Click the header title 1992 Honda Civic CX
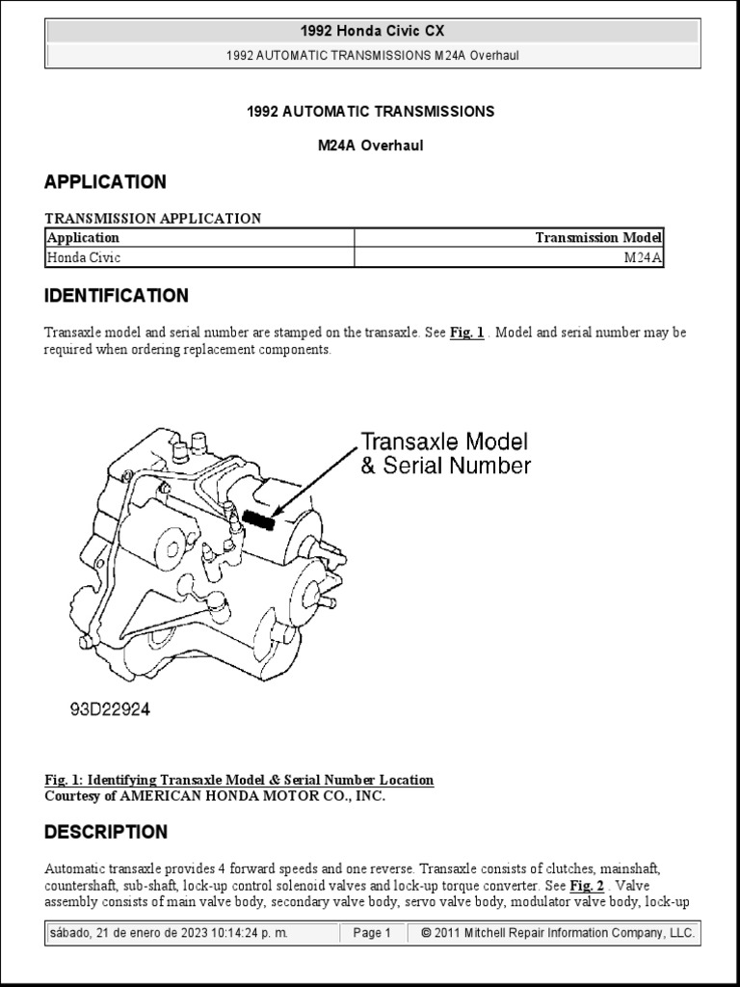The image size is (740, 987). tap(371, 32)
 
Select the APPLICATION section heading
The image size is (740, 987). tap(105, 181)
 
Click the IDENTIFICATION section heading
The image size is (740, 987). tap(117, 295)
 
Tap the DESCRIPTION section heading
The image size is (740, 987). tap(106, 831)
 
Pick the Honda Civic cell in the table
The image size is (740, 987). tap(85, 257)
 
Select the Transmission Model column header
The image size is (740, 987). tap(598, 237)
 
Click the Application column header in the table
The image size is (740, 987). tap(84, 237)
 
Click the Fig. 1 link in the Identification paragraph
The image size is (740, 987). tap(466, 333)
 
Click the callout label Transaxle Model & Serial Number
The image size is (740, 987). tap(445, 454)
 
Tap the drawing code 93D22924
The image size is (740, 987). tap(109, 709)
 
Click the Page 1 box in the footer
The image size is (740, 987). tap(372, 933)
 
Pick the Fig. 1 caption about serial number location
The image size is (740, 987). tap(239, 780)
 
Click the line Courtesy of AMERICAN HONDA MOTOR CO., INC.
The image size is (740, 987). tap(215, 795)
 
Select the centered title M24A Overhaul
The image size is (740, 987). tap(371, 146)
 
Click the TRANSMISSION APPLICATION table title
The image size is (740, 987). tap(152, 218)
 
